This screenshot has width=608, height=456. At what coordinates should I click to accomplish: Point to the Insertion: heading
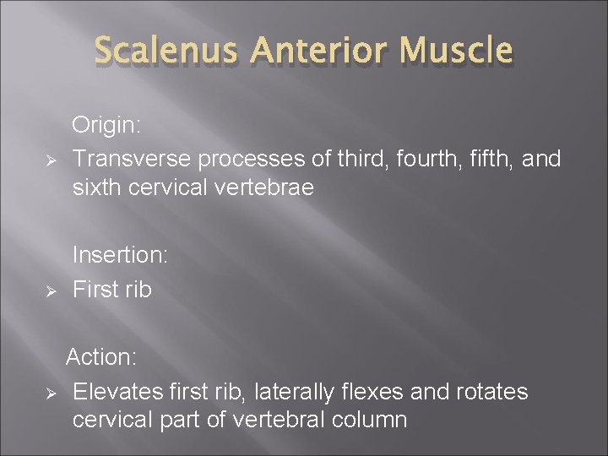click(120, 254)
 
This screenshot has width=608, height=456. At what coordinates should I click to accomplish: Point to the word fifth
click(474, 158)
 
